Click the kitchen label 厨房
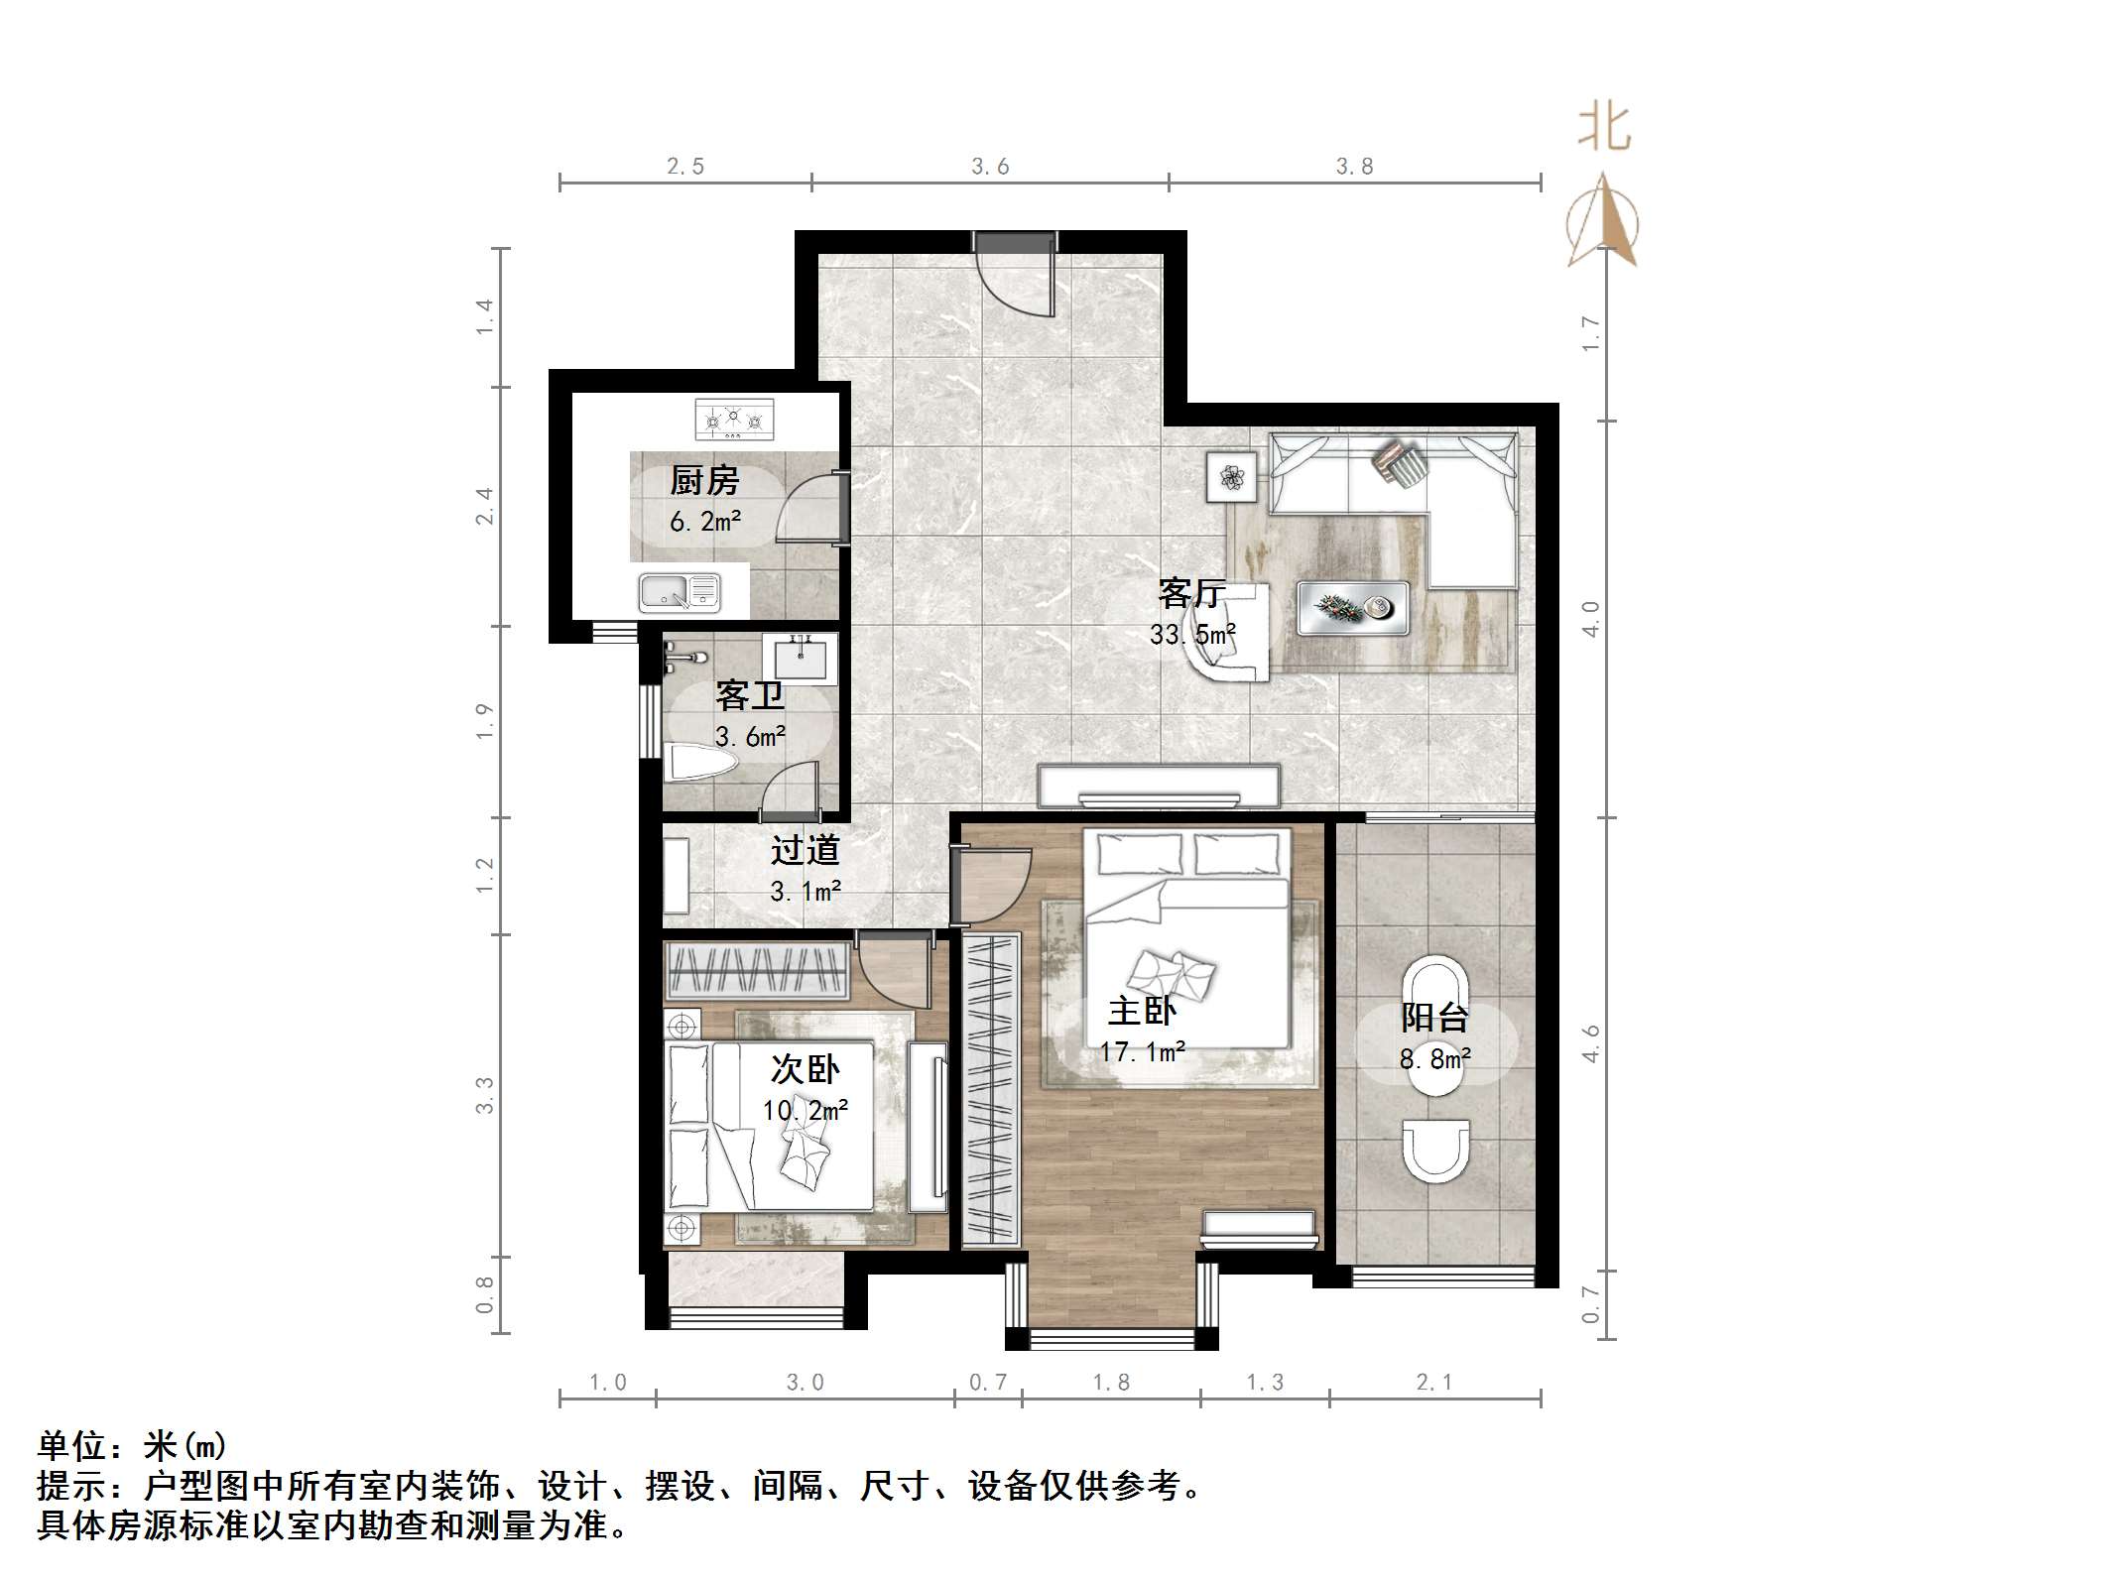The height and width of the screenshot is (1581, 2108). [704, 481]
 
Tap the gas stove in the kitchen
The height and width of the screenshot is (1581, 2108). [734, 420]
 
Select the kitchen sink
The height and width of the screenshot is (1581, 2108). [680, 593]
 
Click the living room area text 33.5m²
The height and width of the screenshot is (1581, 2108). [1192, 635]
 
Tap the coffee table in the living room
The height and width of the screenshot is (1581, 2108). [1353, 607]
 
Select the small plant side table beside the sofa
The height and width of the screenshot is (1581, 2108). [1232, 477]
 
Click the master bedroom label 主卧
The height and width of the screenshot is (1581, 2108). [1142, 1012]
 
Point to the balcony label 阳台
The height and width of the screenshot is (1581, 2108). [1434, 1018]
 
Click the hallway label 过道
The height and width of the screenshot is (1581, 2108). [805, 850]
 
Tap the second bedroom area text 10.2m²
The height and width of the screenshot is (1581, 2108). [805, 1110]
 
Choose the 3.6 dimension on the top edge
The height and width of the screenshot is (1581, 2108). [990, 167]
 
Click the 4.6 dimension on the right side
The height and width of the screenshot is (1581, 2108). [1590, 1043]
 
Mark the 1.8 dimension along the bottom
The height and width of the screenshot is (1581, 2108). [1111, 1383]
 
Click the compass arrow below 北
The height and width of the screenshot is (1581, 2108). [1602, 223]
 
